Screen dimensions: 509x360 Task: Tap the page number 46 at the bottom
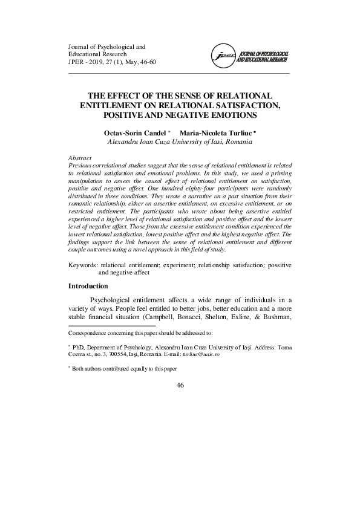coord(180,385)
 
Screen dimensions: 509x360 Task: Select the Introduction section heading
coord(88,286)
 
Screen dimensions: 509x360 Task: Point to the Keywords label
coord(83,265)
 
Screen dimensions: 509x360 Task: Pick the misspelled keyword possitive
coord(277,265)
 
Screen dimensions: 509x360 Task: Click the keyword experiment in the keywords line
coord(180,265)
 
